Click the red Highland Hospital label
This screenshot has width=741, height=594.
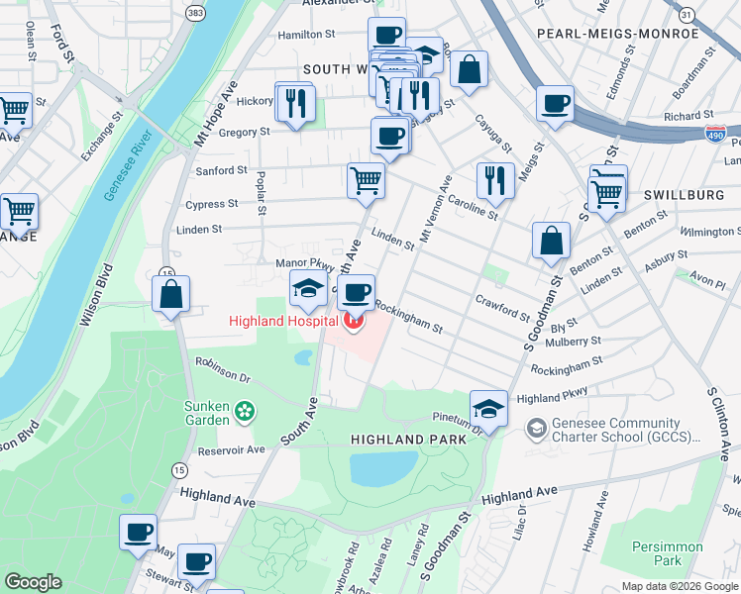coord(282,321)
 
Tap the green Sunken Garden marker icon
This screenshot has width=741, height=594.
coord(247,409)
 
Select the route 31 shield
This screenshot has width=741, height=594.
coord(686,14)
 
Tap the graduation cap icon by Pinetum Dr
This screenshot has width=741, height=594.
coord(488,407)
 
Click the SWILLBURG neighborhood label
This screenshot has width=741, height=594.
coord(685,195)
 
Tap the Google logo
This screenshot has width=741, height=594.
coord(34,582)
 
